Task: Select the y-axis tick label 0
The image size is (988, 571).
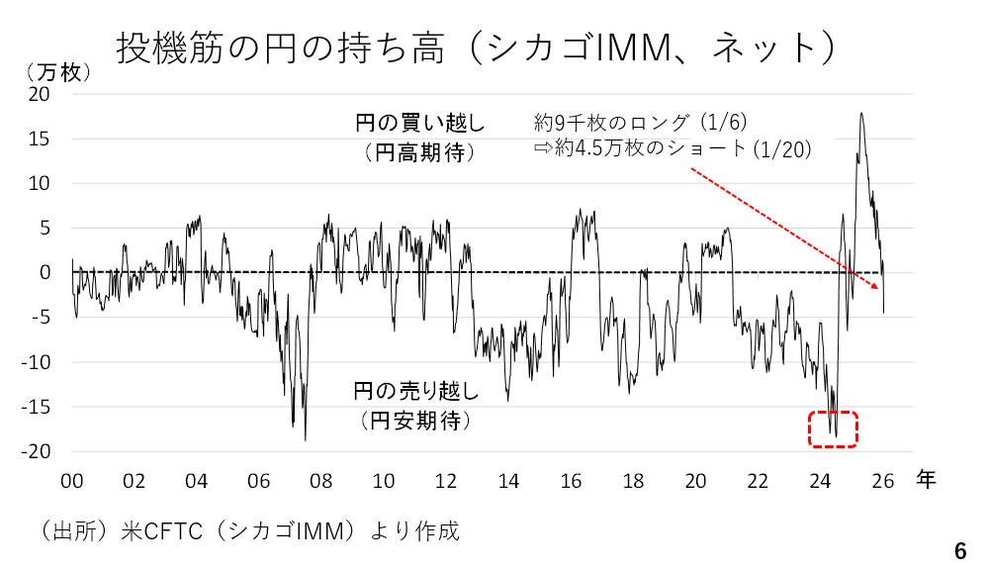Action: click(45, 273)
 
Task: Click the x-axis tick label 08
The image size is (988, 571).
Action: click(320, 482)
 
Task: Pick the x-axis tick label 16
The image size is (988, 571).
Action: click(571, 482)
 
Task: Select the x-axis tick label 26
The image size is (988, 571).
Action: click(883, 482)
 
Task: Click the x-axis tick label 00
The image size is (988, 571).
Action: click(71, 482)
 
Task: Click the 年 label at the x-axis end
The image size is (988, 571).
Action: click(925, 480)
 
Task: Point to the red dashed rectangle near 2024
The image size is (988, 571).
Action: click(833, 428)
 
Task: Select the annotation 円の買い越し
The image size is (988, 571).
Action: click(420, 125)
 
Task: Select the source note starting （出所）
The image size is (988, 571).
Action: click(248, 531)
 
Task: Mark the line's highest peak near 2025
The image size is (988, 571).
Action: click(861, 113)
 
